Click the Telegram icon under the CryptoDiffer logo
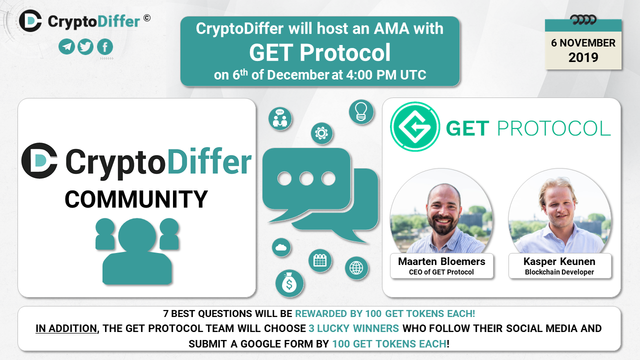pos(66,46)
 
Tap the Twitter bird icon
pos(85,46)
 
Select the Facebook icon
pos(105,46)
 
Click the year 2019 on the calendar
pos(583,57)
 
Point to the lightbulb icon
pos(361,111)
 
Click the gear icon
pos(321,133)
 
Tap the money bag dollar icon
pos(289,283)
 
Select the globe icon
pos(356,268)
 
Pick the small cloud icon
pos(281,247)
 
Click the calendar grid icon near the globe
pos(320,260)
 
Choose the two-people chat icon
pos(280,118)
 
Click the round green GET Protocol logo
pos(415,126)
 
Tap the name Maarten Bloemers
pos(441,261)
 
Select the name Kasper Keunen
pos(559,261)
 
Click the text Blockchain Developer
pos(559,272)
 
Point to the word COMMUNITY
pos(136,199)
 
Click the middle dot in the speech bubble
pos(306,178)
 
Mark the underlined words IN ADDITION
pos(66,328)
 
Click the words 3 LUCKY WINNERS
pos(353,328)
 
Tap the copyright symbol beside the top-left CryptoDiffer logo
pos(147,18)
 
